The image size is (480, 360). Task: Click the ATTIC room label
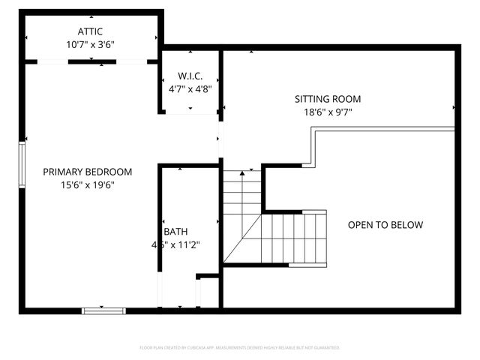[x=90, y=31]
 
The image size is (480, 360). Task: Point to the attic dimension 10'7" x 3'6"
[x=90, y=44]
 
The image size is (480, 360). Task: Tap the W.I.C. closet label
[x=190, y=76]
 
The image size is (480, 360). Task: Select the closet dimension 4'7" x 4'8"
[x=190, y=88]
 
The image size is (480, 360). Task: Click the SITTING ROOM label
[x=327, y=99]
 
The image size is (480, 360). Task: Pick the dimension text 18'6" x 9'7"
[x=327, y=112]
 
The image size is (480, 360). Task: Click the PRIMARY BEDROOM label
[x=87, y=172]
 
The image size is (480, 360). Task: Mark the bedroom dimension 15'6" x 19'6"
[x=87, y=184]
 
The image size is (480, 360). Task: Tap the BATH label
[x=175, y=232]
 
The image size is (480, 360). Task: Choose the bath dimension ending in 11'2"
[x=177, y=244]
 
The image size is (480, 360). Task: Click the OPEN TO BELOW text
[x=385, y=225]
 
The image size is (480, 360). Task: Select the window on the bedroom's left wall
[x=22, y=166]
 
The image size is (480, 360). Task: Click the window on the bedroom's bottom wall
[x=103, y=309]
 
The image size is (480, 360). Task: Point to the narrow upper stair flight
[x=241, y=193]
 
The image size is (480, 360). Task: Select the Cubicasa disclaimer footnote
[x=240, y=348]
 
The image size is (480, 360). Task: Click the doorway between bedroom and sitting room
[x=220, y=140]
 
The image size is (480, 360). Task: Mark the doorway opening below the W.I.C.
[x=190, y=114]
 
